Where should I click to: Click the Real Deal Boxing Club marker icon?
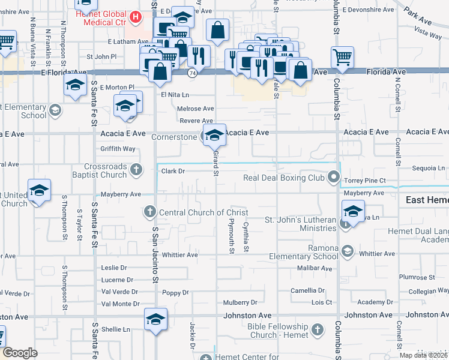334,178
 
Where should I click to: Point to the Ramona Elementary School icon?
348,251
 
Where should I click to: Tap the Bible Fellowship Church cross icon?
318,329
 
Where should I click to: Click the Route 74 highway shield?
191,73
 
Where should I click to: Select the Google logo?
20,353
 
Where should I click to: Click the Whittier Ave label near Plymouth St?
179,255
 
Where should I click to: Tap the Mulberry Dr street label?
240,303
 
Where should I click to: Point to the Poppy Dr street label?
176,293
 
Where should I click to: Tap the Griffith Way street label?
118,149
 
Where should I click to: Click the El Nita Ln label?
175,95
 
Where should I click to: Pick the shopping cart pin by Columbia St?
342,57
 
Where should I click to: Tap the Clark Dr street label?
172,171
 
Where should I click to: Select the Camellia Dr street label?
308,290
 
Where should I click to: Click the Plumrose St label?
416,277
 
